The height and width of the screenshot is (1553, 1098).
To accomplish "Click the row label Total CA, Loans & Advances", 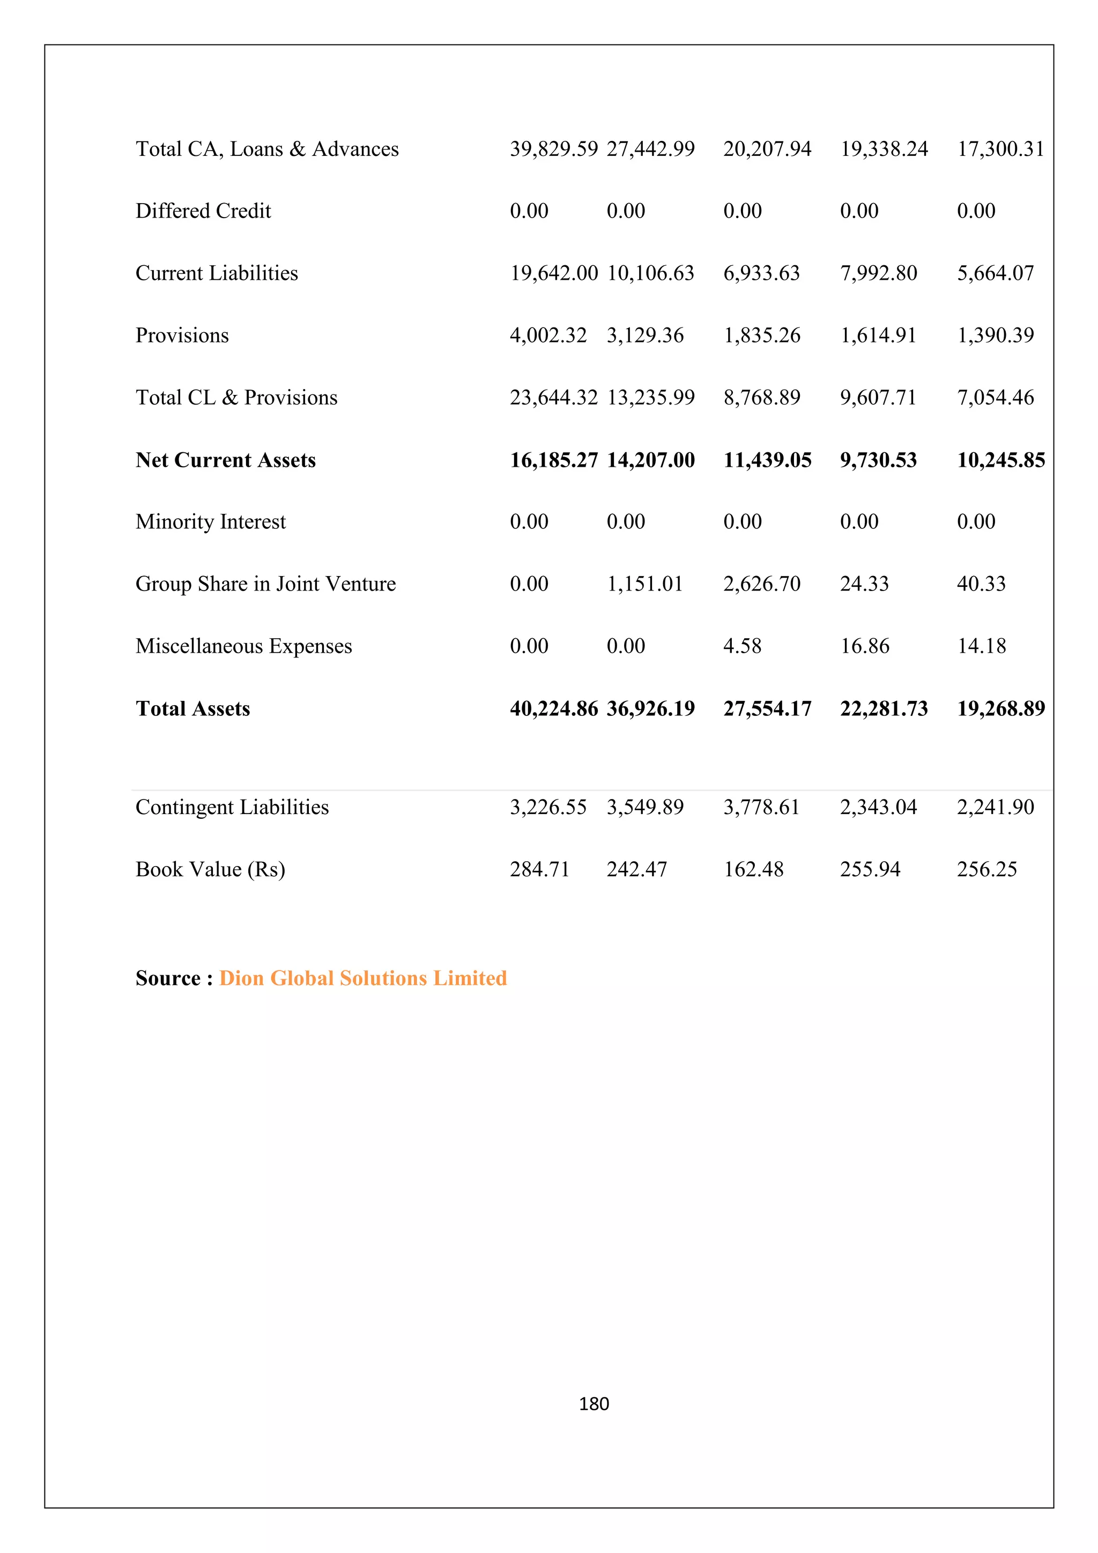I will coord(266,149).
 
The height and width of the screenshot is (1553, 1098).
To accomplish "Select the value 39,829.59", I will coord(553,149).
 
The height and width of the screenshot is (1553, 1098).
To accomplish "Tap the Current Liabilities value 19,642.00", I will coord(553,273).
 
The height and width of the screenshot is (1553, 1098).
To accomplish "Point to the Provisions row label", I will coord(182,335).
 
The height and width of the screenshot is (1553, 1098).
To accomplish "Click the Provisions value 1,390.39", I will coord(995,335).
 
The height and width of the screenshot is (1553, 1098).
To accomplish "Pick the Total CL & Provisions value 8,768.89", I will coord(761,398).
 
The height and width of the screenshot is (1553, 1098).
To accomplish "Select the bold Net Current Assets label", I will coord(225,460).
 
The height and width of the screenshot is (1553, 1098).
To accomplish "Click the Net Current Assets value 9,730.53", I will coord(878,460).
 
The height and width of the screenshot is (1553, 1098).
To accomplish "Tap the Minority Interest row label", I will coord(210,521).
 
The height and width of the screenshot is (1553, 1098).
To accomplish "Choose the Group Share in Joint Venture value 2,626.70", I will coord(761,584).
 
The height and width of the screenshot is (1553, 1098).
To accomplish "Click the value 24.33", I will coord(864,584).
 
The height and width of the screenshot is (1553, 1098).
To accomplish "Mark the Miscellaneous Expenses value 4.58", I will coord(741,646).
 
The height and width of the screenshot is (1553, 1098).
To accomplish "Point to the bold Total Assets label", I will coord(193,708).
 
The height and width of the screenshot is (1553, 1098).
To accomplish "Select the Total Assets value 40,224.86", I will coord(553,708).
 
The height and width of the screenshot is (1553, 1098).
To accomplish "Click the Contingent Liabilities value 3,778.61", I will coord(761,807).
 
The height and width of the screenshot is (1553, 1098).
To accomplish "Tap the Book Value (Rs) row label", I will coord(210,869).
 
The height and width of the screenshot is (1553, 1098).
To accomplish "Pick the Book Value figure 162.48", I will coord(753,869).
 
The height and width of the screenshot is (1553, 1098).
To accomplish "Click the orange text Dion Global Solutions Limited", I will coord(362,978).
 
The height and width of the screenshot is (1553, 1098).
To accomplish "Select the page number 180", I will coord(594,1404).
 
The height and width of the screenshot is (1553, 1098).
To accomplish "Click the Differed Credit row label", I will coord(203,211).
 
